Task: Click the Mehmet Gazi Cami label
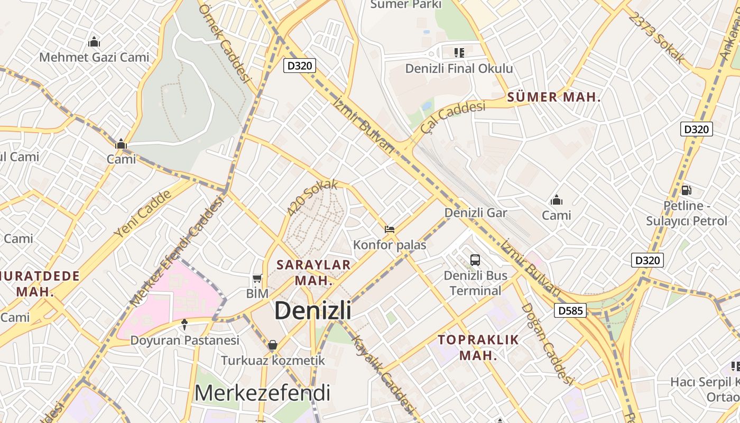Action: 94,57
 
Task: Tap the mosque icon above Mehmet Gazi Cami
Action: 94,42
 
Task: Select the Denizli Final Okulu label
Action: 459,68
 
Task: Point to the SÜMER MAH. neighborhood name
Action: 554,97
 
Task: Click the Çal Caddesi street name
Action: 453,117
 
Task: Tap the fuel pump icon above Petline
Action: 686,190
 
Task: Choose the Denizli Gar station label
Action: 476,213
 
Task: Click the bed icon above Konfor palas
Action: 390,229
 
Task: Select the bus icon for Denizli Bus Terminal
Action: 475,260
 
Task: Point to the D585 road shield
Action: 570,310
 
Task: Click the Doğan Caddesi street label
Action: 547,344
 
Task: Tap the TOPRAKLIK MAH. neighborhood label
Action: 478,347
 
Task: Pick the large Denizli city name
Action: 313,310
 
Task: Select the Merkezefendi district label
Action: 263,393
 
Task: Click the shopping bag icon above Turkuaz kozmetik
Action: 272,345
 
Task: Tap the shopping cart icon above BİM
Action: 257,278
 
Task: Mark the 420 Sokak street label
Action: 312,198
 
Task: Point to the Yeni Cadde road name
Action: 143,213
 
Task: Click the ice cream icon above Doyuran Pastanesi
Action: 184,325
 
